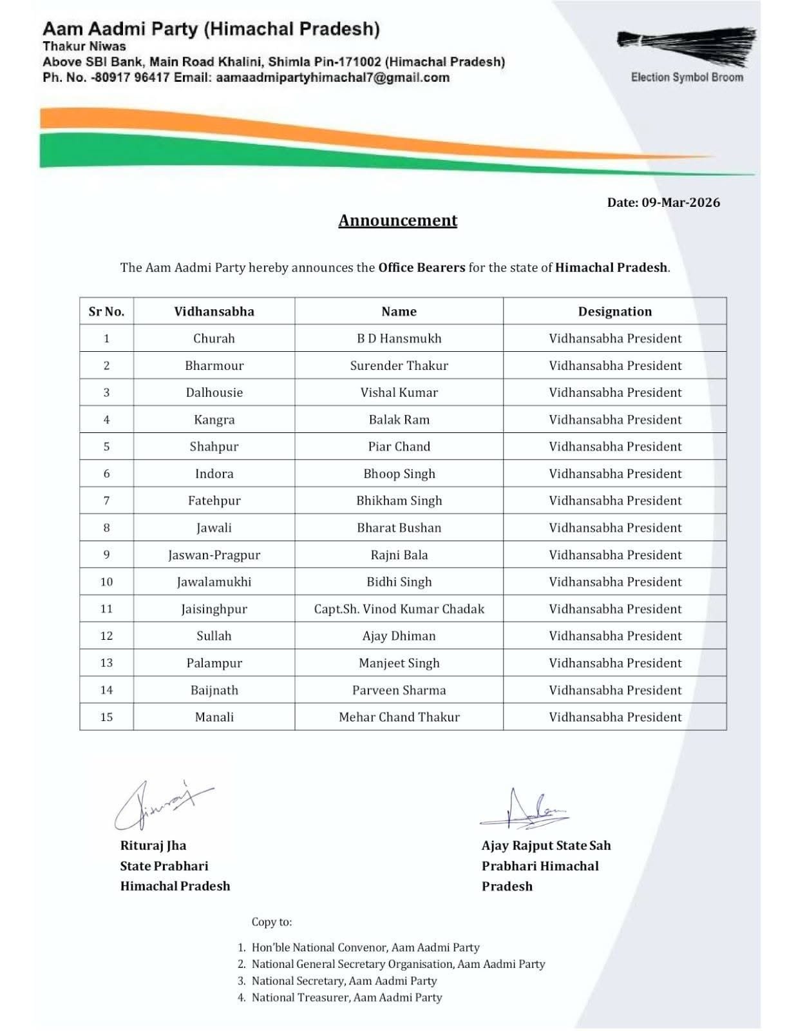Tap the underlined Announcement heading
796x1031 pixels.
click(397, 220)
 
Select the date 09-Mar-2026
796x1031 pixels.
click(681, 202)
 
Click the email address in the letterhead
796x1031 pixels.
click(333, 78)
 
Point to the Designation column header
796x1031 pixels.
click(614, 311)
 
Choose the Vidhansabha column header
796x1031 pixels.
click(214, 311)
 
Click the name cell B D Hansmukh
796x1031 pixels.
click(399, 338)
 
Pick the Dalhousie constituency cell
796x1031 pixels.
click(214, 392)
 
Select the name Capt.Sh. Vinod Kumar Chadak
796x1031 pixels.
click(399, 609)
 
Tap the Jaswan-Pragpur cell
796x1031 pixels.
click(214, 555)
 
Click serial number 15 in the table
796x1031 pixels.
click(106, 717)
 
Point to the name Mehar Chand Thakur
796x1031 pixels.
click(399, 717)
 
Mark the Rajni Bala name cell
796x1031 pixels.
click(399, 555)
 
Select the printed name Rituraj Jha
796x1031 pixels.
click(153, 845)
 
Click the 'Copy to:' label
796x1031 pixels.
click(271, 922)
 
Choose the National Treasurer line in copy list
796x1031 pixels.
click(346, 997)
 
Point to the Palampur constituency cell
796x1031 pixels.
click(214, 663)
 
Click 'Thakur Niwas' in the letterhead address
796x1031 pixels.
click(84, 46)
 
